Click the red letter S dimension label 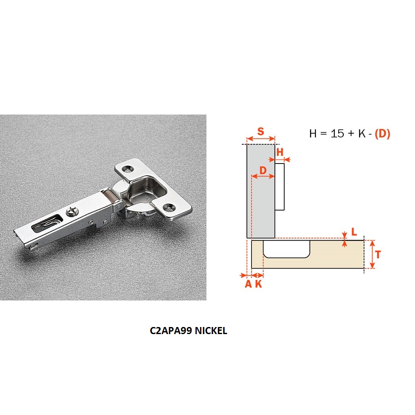[261, 131]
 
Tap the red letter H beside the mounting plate [280, 152]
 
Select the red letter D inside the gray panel [263, 170]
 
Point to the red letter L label [354, 232]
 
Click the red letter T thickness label [378, 255]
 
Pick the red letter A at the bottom [248, 284]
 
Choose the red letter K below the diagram [259, 284]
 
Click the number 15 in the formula [337, 133]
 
